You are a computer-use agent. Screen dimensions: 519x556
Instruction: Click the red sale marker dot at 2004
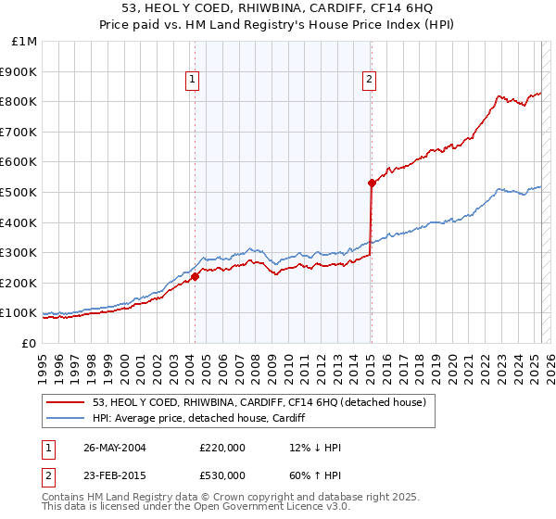(196, 276)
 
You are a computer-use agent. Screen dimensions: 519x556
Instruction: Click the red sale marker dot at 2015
(371, 183)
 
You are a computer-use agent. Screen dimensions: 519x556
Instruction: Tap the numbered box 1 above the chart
(192, 80)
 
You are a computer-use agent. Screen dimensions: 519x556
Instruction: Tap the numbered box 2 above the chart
(369, 80)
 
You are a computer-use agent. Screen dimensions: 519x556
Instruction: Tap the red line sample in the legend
(65, 402)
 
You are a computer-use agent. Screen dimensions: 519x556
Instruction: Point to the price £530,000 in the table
(222, 475)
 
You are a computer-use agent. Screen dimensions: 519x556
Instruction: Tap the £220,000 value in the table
(222, 448)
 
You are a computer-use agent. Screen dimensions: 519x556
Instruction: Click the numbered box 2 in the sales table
(49, 475)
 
